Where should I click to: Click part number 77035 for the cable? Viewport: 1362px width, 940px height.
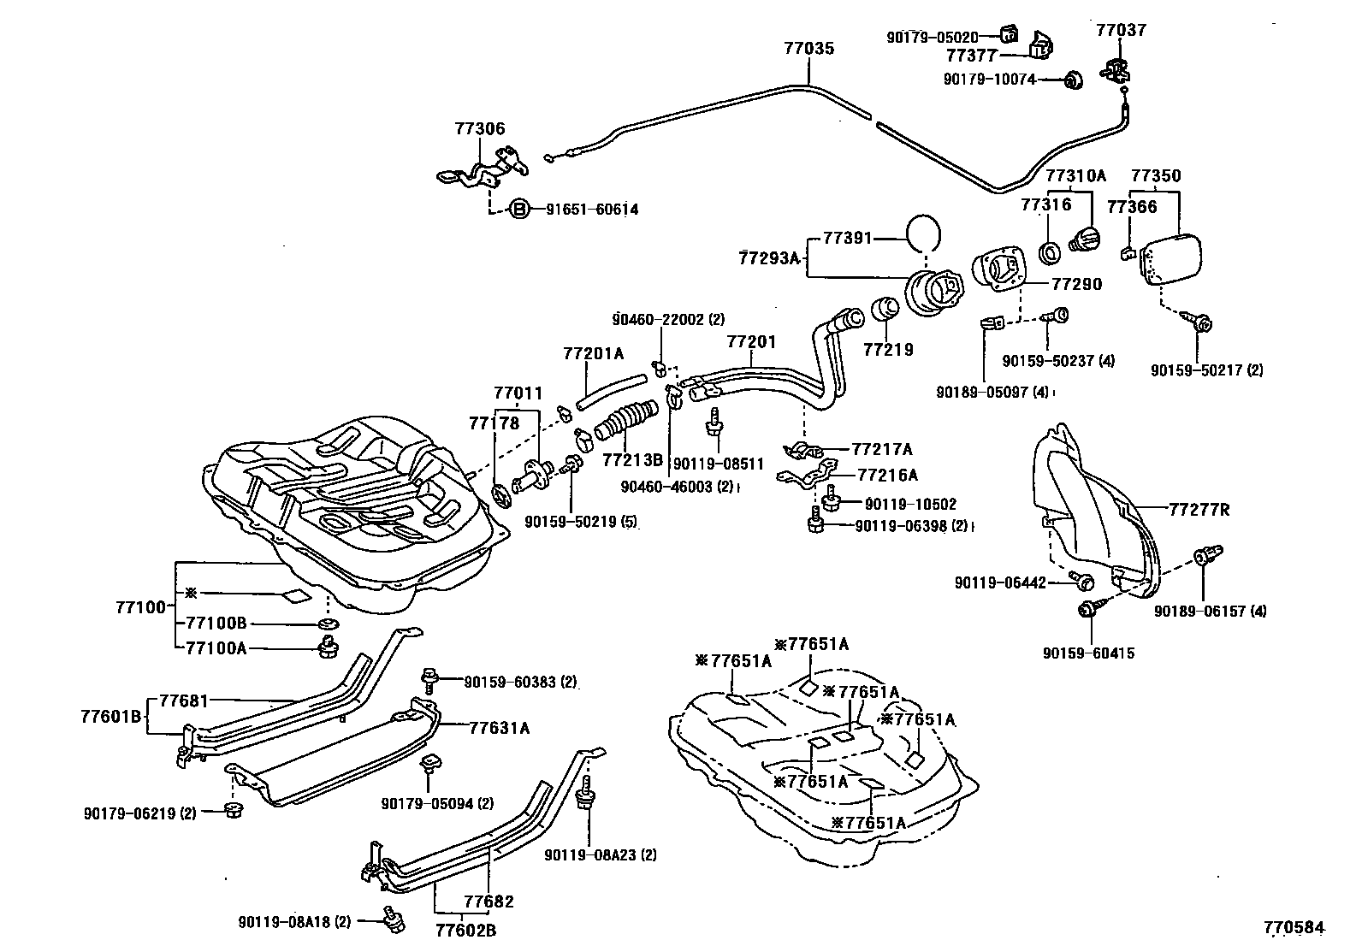point(808,49)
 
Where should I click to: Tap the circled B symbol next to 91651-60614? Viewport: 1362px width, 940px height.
point(519,209)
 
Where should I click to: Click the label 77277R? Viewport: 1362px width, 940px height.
point(1199,510)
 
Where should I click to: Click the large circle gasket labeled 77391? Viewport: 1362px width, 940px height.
point(922,233)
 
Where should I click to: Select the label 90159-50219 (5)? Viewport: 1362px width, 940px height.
point(581,521)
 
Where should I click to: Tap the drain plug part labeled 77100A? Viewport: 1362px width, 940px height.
point(326,647)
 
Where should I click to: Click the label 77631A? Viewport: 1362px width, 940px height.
point(499,728)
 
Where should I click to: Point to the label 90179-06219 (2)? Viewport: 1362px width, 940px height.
point(140,813)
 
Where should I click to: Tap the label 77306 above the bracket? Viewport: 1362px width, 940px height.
point(479,129)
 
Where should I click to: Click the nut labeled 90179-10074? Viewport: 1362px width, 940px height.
point(1071,80)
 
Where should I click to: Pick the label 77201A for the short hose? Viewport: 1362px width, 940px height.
point(593,353)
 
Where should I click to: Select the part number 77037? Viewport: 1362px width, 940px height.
point(1121,31)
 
